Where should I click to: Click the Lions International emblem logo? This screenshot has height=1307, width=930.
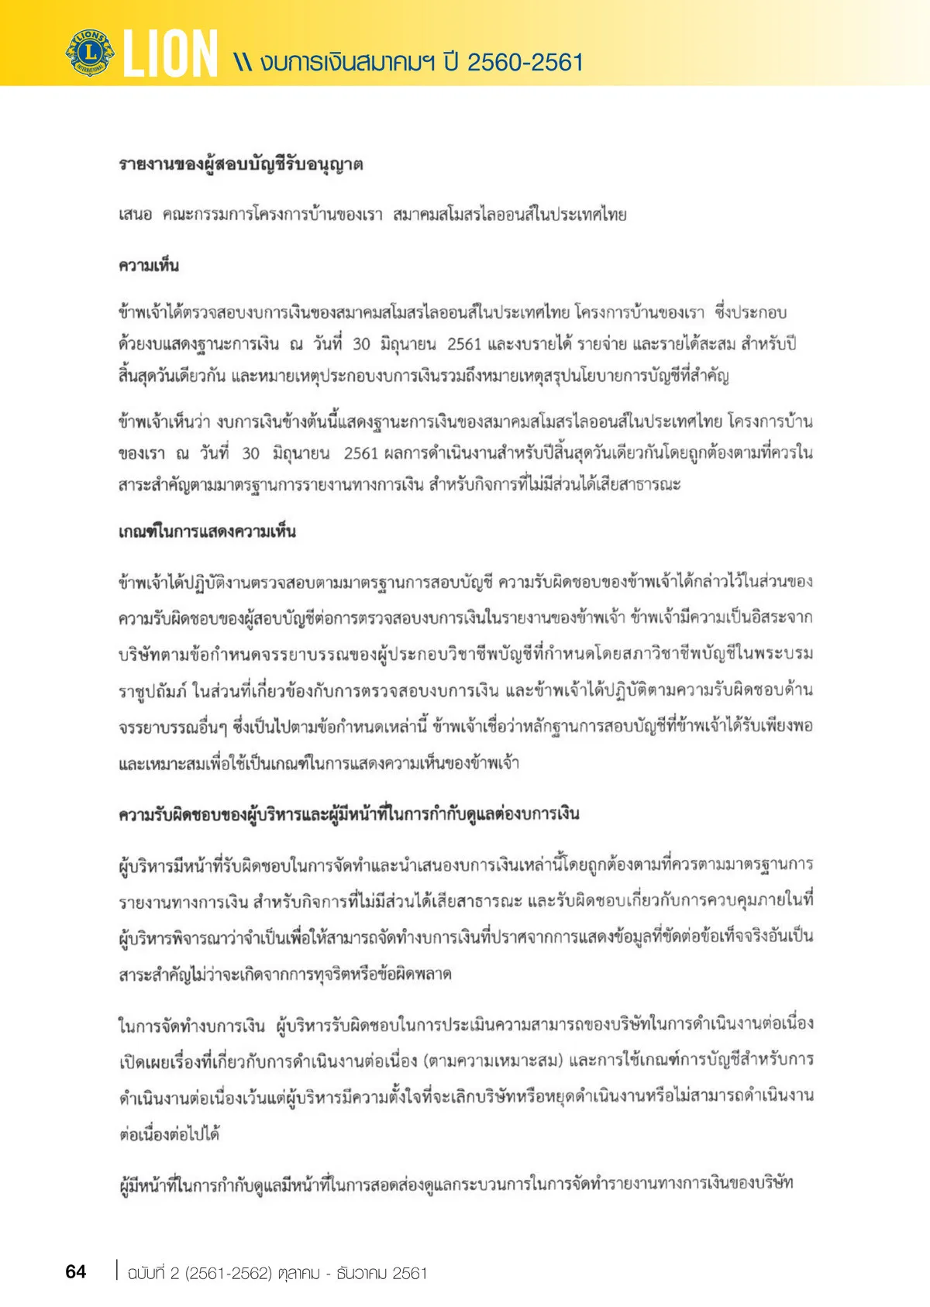click(x=90, y=52)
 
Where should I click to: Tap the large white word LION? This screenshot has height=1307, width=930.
click(x=170, y=54)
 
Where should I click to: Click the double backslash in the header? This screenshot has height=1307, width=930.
click(x=243, y=63)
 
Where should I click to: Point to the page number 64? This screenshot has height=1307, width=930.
click(x=76, y=1271)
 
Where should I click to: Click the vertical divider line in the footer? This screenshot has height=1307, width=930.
click(x=117, y=1271)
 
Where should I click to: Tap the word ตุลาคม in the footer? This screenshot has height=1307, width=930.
click(x=298, y=1273)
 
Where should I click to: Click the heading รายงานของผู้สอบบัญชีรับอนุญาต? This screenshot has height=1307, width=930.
click(x=240, y=165)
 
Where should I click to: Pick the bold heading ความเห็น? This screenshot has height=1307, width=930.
click(x=149, y=266)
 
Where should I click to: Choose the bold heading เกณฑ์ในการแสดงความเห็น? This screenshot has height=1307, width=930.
click(x=207, y=532)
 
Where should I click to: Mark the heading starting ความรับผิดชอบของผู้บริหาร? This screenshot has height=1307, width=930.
click(x=349, y=814)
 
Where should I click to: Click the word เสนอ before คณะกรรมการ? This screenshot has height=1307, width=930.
click(x=136, y=215)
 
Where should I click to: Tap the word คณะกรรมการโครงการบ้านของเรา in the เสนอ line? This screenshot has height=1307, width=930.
click(x=272, y=215)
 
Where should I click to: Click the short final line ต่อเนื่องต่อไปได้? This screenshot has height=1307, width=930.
click(x=169, y=1134)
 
